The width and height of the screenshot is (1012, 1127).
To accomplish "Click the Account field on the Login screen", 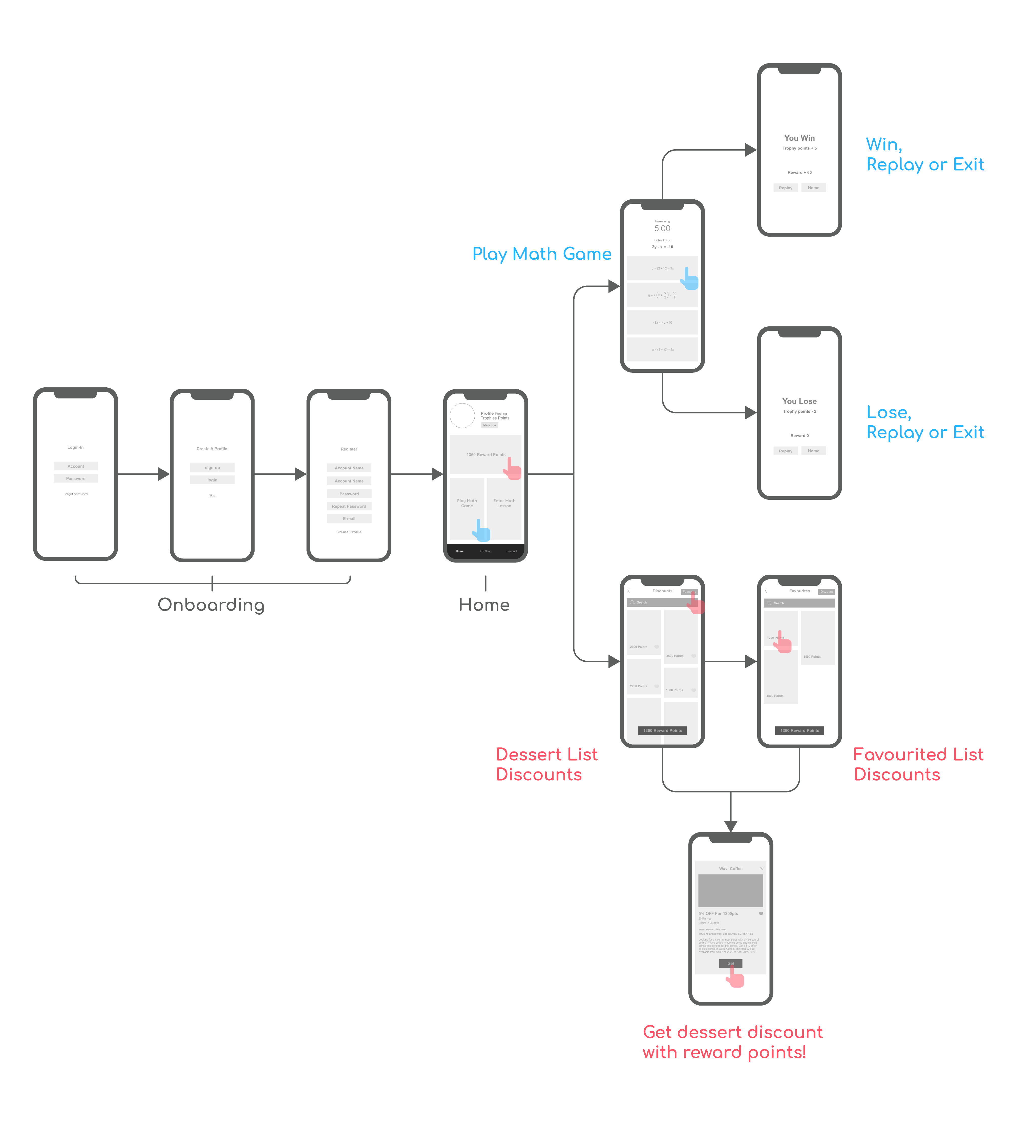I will pyautogui.click(x=76, y=466).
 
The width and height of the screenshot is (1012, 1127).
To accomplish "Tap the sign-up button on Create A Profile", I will pyautogui.click(x=213, y=468).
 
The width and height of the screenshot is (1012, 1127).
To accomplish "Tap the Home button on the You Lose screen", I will pyautogui.click(x=813, y=451).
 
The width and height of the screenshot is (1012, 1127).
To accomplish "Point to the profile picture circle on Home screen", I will pyautogui.click(x=462, y=415).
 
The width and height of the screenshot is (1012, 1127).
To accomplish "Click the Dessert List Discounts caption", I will pyautogui.click(x=546, y=764).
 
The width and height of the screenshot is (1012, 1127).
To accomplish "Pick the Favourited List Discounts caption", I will pyautogui.click(x=918, y=764).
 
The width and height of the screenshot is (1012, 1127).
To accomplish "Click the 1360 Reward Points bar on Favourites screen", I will pyautogui.click(x=799, y=731).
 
